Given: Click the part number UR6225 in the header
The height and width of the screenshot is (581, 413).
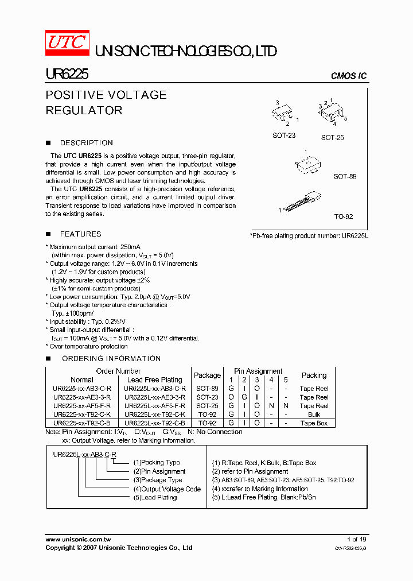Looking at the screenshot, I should tap(67, 75).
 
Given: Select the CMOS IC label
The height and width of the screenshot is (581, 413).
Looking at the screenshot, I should tap(349, 76).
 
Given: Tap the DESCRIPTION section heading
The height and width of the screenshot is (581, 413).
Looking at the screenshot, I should tap(86, 143).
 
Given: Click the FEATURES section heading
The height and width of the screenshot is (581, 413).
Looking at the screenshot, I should tap(80, 234).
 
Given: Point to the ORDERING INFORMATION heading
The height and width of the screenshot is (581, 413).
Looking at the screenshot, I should tap(111, 359).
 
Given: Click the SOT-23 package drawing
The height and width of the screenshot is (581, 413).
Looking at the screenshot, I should tap(284, 113).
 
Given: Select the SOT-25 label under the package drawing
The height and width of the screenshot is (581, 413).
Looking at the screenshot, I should tap(333, 138).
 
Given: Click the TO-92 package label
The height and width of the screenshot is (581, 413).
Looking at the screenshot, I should tap(344, 218).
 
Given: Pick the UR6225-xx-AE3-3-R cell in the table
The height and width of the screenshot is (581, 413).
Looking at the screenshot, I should tap(82, 397).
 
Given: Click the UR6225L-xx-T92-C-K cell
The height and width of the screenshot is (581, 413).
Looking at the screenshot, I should tap(154, 415).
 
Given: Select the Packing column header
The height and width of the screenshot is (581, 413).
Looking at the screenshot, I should tap(314, 375).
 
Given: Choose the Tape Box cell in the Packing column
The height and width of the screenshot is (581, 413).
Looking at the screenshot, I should tap(314, 423).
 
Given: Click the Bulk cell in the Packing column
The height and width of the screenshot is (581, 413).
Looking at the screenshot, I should tap(314, 415).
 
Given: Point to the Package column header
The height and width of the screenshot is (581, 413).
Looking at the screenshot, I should tap(207, 375).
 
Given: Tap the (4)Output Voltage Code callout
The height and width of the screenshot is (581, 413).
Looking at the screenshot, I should tap(167, 489).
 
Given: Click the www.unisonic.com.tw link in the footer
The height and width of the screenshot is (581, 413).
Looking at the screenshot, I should tap(78, 540).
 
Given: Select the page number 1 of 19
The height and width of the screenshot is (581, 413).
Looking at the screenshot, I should tap(357, 540).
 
